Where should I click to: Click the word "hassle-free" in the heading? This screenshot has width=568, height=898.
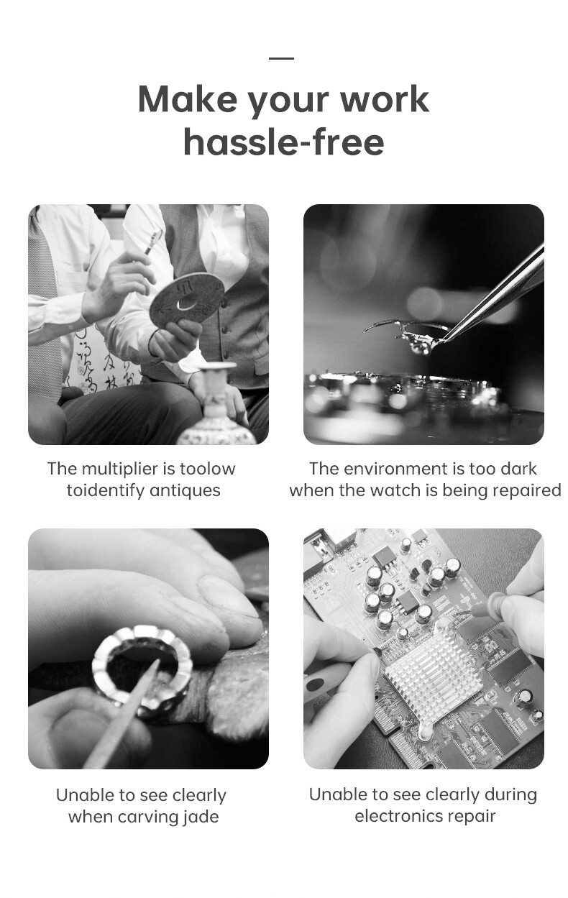click(284, 142)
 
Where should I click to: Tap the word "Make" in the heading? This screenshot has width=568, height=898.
click(187, 99)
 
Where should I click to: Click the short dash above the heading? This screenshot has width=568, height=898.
click(281, 58)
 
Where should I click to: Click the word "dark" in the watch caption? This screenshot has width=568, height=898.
click(520, 468)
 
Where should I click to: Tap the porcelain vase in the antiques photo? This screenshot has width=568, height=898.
click(217, 405)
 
